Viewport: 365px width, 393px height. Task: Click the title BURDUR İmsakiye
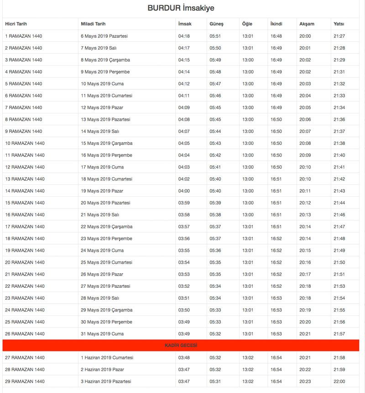pyautogui.click(x=181, y=8)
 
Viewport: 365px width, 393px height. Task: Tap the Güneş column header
pyautogui.click(x=216, y=24)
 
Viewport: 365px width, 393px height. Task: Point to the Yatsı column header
pyautogui.click(x=339, y=24)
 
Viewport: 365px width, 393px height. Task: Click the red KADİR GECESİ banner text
pyautogui.click(x=181, y=346)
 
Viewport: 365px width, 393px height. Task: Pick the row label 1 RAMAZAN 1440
pyautogui.click(x=24, y=36)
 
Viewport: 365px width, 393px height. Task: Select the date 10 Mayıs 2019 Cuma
pyautogui.click(x=102, y=84)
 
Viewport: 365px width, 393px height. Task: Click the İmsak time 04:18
pyautogui.click(x=184, y=36)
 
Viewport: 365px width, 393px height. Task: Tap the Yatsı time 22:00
pyautogui.click(x=339, y=382)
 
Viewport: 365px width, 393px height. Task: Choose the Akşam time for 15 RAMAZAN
pyautogui.click(x=305, y=203)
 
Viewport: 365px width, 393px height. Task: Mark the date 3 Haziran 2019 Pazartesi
pyautogui.click(x=106, y=382)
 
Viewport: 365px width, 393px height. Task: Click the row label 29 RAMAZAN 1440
pyautogui.click(x=25, y=382)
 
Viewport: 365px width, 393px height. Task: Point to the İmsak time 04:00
pyautogui.click(x=184, y=191)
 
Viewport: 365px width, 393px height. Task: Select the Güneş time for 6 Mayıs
pyautogui.click(x=215, y=36)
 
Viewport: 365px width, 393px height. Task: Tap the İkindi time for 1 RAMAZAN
pyautogui.click(x=276, y=36)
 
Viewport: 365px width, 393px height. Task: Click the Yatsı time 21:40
pyautogui.click(x=339, y=155)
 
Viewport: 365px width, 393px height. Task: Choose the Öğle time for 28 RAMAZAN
pyautogui.click(x=248, y=369)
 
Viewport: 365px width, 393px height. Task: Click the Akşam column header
pyautogui.click(x=307, y=24)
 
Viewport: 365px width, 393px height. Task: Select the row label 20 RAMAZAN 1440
pyautogui.click(x=25, y=262)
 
